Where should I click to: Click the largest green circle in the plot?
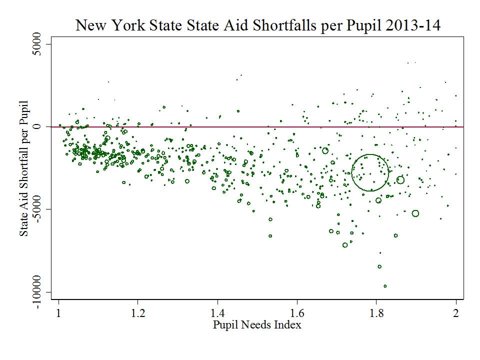tap(370, 172)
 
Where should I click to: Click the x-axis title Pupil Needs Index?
tap(257, 325)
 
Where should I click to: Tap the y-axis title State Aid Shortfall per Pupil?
tap(24, 170)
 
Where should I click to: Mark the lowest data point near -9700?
tap(385, 286)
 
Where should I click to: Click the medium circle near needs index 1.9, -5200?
tap(415, 213)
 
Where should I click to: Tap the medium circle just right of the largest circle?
tap(400, 180)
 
